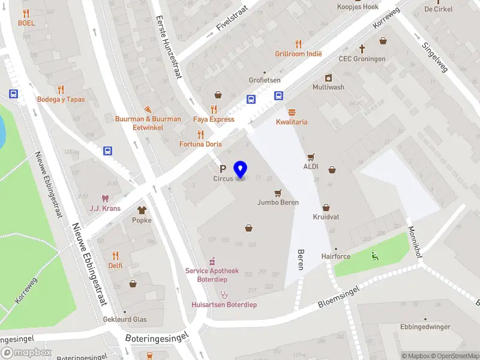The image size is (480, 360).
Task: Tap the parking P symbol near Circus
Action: pyautogui.click(x=223, y=169)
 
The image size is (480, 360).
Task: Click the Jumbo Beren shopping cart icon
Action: pyautogui.click(x=277, y=193)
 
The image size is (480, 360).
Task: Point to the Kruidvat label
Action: pyautogui.click(x=326, y=217)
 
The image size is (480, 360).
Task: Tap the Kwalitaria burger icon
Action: pyautogui.click(x=292, y=112)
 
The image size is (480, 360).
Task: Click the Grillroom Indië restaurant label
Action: pyautogui.click(x=298, y=53)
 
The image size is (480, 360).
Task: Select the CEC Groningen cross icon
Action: pyautogui.click(x=362, y=49)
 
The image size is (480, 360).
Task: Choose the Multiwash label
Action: pyautogui.click(x=328, y=87)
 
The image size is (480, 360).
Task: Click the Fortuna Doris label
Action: pyautogui.click(x=200, y=144)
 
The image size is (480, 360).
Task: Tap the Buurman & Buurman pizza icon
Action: pyautogui.click(x=148, y=109)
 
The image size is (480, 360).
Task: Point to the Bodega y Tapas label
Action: pyautogui.click(x=61, y=99)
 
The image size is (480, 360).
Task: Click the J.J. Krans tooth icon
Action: pyautogui.click(x=105, y=198)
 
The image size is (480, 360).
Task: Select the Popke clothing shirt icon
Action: pyautogui.click(x=142, y=210)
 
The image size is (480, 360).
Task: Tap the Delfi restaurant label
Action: pyautogui.click(x=115, y=265)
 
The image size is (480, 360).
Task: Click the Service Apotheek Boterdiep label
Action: pyautogui.click(x=211, y=275)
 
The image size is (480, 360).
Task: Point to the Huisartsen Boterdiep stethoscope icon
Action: pyautogui.click(x=224, y=295)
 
